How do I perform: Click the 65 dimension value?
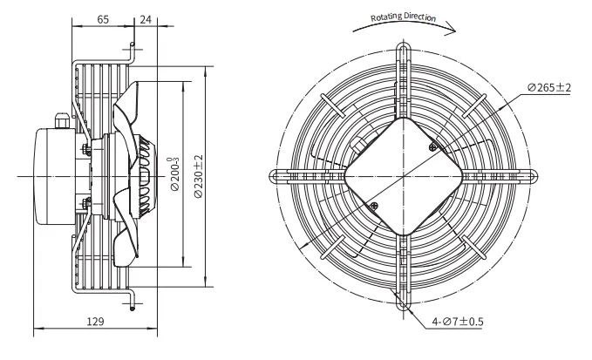[x=103, y=19]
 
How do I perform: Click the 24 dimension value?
[x=146, y=19]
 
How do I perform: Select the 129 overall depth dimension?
[x=95, y=321]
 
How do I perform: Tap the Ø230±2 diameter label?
[x=198, y=176]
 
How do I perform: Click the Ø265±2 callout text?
[x=549, y=87]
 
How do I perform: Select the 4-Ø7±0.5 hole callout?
[x=458, y=322]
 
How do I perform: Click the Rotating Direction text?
[x=403, y=17]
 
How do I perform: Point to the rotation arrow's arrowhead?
[x=451, y=29]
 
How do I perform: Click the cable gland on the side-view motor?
[x=62, y=120]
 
